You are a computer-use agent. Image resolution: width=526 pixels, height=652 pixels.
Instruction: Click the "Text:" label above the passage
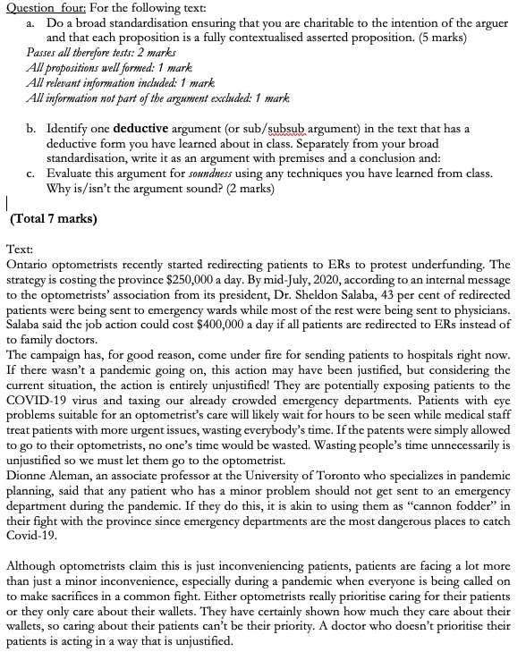tap(21, 251)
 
